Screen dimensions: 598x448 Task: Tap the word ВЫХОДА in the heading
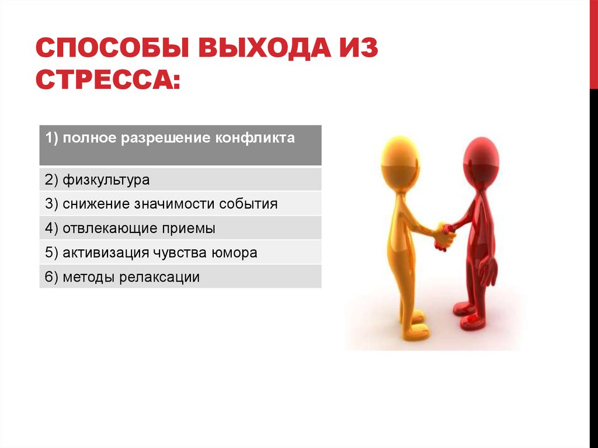(x=265, y=48)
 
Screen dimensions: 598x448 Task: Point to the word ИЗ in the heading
(x=359, y=48)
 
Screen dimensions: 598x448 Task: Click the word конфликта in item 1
(x=255, y=138)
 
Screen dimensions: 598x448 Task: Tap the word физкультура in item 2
(x=106, y=180)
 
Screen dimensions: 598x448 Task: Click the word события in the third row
(x=248, y=204)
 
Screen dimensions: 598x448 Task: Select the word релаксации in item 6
(x=159, y=277)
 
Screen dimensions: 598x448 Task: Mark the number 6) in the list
(x=51, y=277)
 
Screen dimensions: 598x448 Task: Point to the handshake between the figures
(x=445, y=236)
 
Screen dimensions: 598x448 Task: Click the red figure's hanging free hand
(x=488, y=271)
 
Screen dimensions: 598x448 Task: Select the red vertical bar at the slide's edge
(x=594, y=44)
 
